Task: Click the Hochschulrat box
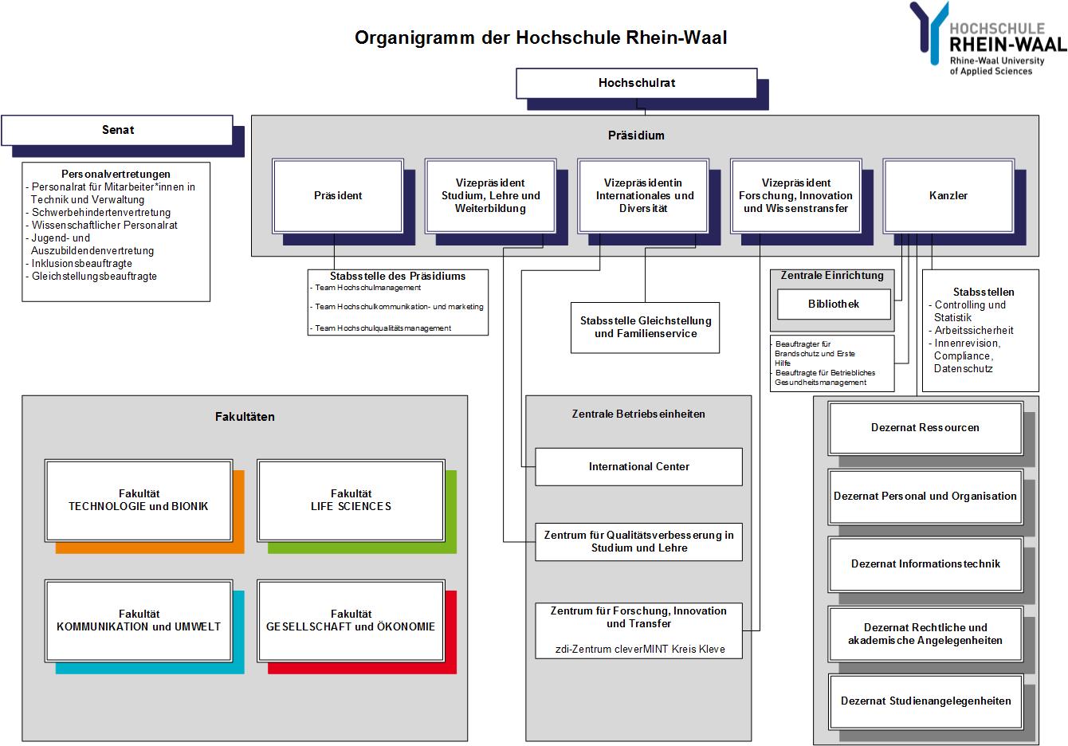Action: pos(637,84)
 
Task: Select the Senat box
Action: pos(117,130)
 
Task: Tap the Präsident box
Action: pos(338,196)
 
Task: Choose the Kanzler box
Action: pos(948,196)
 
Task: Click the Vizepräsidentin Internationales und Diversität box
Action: pos(643,196)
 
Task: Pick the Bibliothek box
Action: pos(834,304)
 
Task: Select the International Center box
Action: pos(639,467)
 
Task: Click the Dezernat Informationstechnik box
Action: pos(925,564)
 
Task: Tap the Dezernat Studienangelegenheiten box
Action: pos(925,701)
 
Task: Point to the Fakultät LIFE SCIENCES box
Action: pos(351,501)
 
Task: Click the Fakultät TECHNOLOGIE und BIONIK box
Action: pos(139,501)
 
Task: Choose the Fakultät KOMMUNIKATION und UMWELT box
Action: pos(139,621)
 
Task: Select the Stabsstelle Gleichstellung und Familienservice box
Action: pos(645,328)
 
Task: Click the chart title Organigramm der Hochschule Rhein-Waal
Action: pos(540,37)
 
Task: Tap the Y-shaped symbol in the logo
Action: pos(929,33)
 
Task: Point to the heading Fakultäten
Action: pos(245,417)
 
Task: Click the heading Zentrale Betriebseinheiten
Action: pos(638,414)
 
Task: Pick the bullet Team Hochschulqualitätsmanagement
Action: pos(380,328)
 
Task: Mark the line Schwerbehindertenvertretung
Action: pos(98,213)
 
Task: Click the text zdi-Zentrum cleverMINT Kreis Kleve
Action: pos(640,650)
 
